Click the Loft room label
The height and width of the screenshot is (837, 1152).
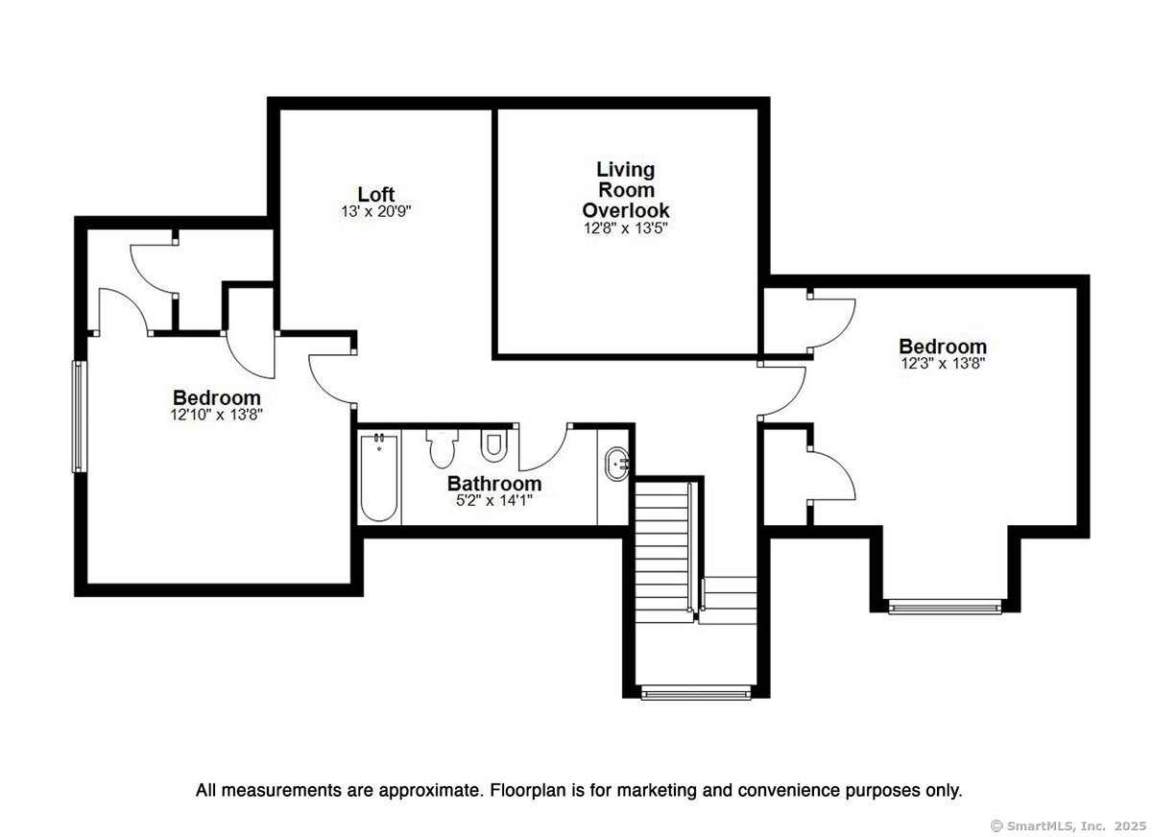(x=376, y=194)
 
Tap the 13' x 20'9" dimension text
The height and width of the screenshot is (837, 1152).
(x=376, y=211)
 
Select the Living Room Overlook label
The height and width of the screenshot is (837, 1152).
(x=625, y=190)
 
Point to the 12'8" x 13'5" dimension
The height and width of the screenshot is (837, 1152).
(x=625, y=228)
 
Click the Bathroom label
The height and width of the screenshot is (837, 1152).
(x=494, y=483)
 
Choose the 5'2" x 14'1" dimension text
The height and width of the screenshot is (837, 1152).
(x=494, y=500)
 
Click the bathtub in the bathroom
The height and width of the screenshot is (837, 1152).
(x=379, y=478)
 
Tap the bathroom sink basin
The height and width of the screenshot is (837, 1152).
(x=616, y=464)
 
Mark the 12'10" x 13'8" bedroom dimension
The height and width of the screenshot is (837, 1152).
(x=217, y=415)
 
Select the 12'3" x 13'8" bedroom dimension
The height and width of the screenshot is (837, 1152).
(x=943, y=364)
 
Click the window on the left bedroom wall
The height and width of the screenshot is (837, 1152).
(x=78, y=417)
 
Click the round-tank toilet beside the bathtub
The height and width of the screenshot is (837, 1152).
(x=442, y=448)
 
